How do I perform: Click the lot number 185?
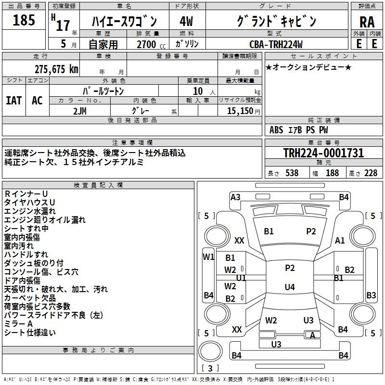point(24,20)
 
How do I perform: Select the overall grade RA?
point(367,22)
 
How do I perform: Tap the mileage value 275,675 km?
point(56,69)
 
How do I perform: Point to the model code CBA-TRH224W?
point(276,44)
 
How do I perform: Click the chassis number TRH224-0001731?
point(323,153)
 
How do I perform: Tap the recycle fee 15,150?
point(240,111)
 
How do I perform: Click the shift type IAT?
point(13,101)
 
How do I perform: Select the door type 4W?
point(186,22)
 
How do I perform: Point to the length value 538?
point(292,173)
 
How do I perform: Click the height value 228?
point(371,173)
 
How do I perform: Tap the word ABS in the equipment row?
point(276,129)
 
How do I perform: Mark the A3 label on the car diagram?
point(235,197)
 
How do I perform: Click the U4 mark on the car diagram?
point(290,287)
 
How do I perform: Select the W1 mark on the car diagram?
point(208,257)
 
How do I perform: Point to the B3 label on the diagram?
point(371,295)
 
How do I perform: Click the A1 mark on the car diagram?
point(340,241)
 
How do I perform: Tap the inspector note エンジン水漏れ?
point(30,211)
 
